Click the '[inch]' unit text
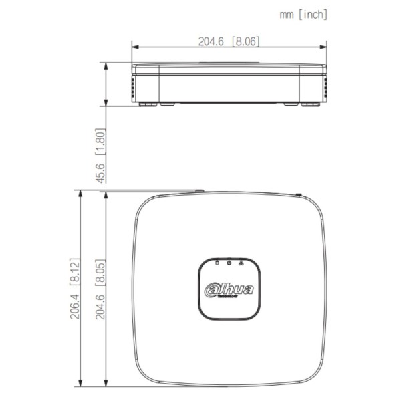click(312, 13)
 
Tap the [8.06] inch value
click(245, 41)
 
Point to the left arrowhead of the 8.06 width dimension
click(134, 47)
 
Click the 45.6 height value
click(101, 172)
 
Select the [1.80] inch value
click(101, 142)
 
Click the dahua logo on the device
click(228, 289)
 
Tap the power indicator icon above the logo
click(228, 263)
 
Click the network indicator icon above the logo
click(239, 263)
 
